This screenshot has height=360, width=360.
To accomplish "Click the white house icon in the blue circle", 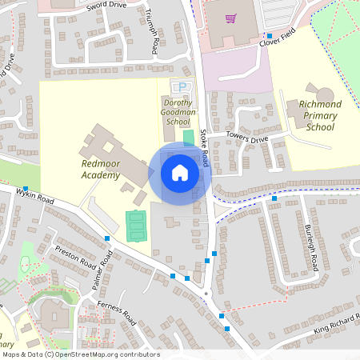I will point(179,173).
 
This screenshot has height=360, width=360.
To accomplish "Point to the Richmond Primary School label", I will point(319,115).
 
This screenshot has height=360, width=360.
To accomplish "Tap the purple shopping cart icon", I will point(230,18).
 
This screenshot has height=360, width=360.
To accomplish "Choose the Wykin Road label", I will point(35,195).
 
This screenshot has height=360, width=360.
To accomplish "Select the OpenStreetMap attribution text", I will point(81,354).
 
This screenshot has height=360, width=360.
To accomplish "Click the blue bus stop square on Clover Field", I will point(270,36).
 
